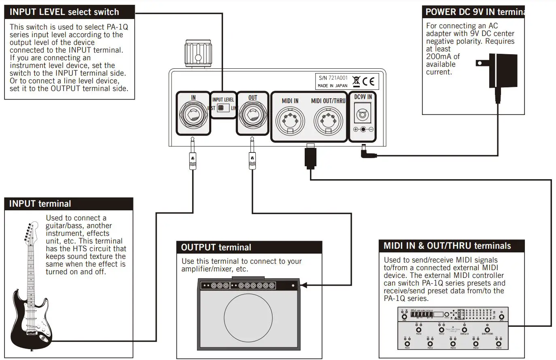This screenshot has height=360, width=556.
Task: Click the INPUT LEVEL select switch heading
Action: (x=64, y=12)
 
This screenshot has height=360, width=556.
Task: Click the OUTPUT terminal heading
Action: (x=216, y=248)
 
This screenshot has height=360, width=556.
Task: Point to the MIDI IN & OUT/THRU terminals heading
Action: (x=447, y=246)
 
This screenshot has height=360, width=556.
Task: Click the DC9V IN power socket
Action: (x=363, y=114)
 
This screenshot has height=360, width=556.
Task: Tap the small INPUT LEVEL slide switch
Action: (x=221, y=108)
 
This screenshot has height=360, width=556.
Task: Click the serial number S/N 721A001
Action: (x=333, y=78)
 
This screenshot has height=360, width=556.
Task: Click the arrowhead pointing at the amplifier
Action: (x=303, y=285)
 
